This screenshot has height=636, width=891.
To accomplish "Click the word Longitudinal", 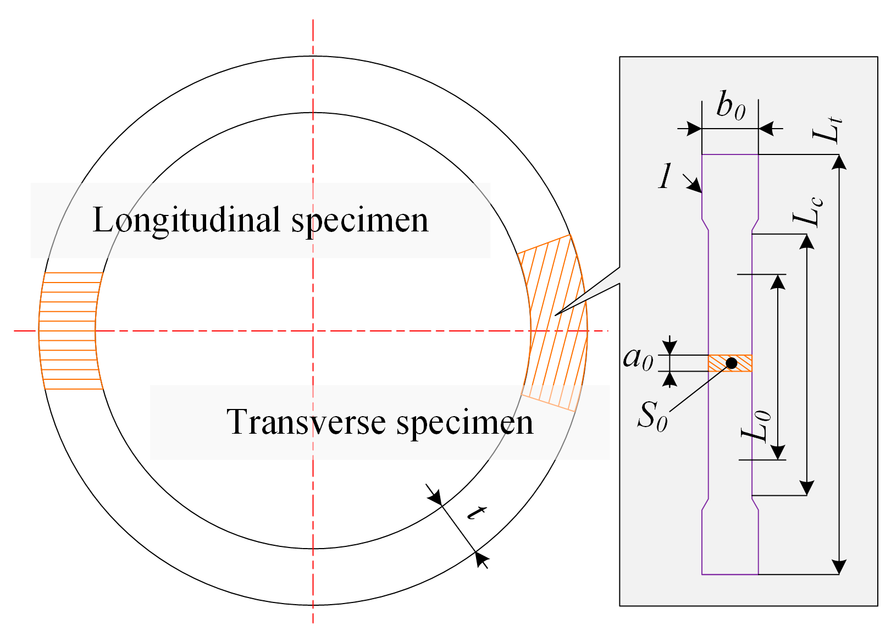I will pos(187,220).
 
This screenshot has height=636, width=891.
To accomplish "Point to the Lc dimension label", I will pos(808,212).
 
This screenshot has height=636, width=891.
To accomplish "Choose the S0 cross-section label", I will pos(652,416).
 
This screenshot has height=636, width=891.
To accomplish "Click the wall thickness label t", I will pos(476,512).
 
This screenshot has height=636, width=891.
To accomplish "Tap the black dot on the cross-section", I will pos(732,363).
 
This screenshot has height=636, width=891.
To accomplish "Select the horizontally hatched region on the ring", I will pos(70,330).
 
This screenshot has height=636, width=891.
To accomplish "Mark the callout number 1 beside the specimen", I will pos(666,176).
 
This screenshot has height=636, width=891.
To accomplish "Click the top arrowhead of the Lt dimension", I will pos(839,162).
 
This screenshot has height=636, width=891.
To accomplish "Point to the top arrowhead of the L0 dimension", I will pos(778,281).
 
